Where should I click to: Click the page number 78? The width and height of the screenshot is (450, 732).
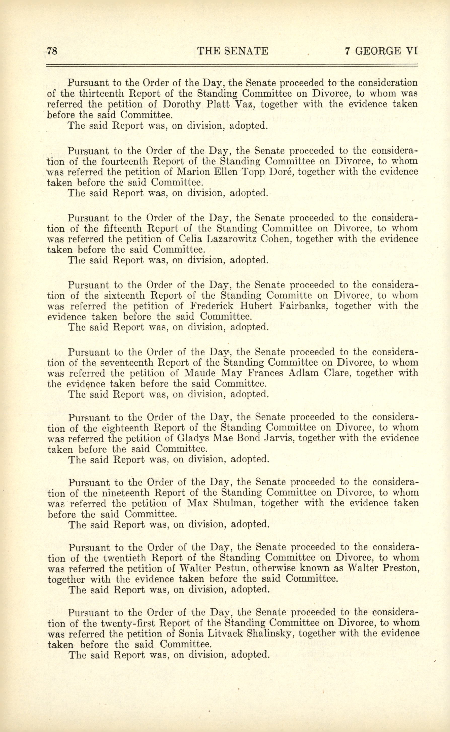(x=52, y=51)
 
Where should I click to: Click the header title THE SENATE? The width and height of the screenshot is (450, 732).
(x=232, y=51)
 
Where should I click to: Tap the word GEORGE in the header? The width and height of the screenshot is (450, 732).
(x=377, y=51)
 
